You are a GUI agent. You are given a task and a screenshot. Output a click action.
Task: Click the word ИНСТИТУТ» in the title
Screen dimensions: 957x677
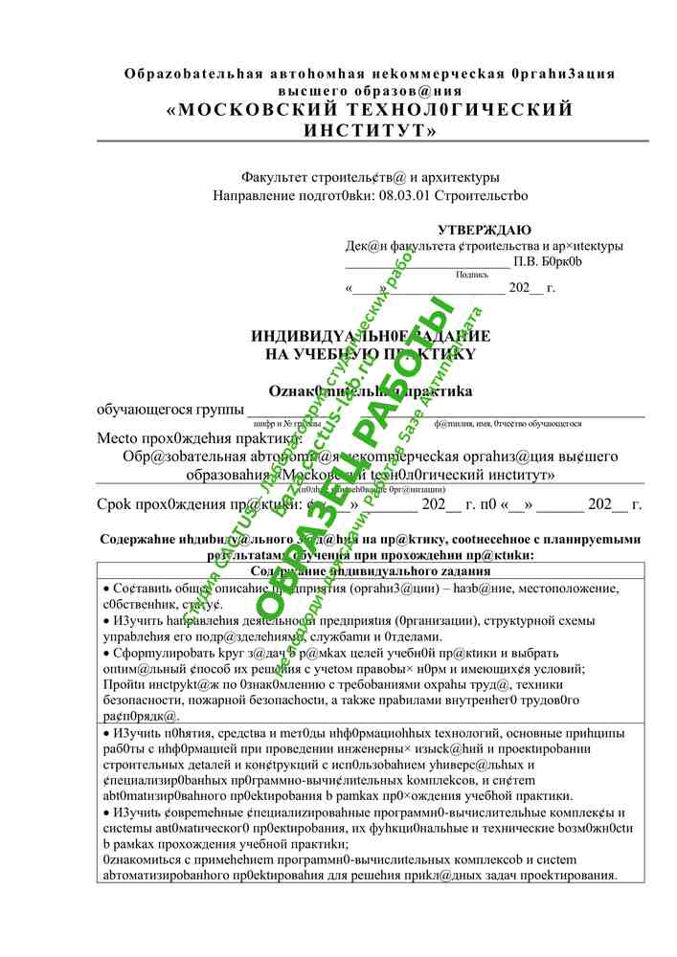[x=370, y=130]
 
